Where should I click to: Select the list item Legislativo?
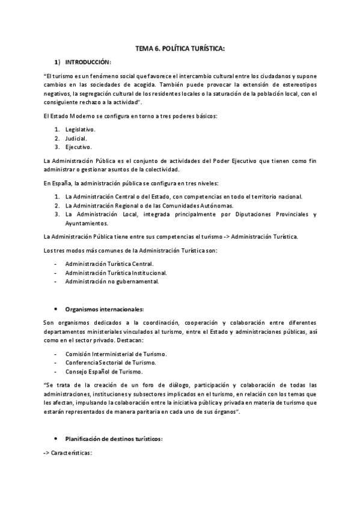click(x=80, y=129)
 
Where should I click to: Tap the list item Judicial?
click(x=76, y=138)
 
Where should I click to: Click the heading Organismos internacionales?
click(x=105, y=309)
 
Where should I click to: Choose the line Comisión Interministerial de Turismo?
click(x=116, y=354)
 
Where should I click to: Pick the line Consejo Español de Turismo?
click(x=103, y=371)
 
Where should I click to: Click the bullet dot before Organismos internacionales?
click(x=55, y=309)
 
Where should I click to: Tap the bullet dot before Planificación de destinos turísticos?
click(x=55, y=439)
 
